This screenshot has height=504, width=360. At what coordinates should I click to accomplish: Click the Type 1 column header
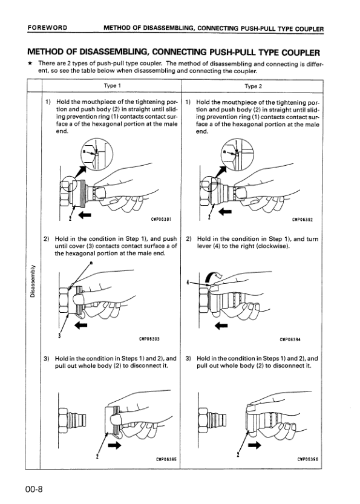tap(112, 86)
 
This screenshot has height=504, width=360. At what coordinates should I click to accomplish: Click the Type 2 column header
tap(254, 86)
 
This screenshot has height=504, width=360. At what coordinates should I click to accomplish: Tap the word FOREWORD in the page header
tap(48, 28)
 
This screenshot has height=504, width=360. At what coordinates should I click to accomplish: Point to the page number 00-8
tap(34, 489)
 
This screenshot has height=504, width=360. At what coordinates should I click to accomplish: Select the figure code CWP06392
tap(303, 220)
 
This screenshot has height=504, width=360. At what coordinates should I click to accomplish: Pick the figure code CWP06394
tap(290, 339)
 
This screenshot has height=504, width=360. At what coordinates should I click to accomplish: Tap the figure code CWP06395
tap(166, 459)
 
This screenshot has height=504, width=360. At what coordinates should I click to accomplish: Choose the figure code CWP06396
tap(307, 459)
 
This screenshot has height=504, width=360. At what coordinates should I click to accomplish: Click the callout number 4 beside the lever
tap(188, 283)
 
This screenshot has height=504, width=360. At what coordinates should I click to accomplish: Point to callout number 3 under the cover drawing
tap(59, 336)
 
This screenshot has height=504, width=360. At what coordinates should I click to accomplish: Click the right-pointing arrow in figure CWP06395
tap(115, 445)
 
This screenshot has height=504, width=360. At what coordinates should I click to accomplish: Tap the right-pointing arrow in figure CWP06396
tap(255, 445)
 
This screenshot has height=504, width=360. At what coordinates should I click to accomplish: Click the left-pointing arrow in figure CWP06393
tap(81, 326)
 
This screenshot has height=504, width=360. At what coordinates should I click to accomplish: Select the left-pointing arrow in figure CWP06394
tap(221, 326)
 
